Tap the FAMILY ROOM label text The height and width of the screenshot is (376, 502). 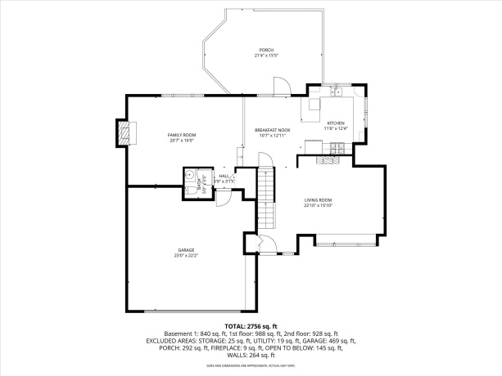coord(182,134)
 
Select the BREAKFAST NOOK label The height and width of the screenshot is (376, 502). coord(272,130)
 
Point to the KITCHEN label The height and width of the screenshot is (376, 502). coord(336,123)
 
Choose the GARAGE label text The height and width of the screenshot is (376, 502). coord(186,250)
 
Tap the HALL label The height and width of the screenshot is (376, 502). coord(224,176)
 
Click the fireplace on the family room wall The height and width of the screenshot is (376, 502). coord(124,132)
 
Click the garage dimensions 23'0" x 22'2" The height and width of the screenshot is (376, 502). coord(186,256)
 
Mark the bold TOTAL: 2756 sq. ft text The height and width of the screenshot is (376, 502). coord(251,326)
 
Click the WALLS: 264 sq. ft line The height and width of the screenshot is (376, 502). coord(251,356)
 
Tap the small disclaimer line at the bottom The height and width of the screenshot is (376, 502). coord(251,365)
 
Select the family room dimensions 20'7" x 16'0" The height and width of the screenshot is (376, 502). coord(182,140)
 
